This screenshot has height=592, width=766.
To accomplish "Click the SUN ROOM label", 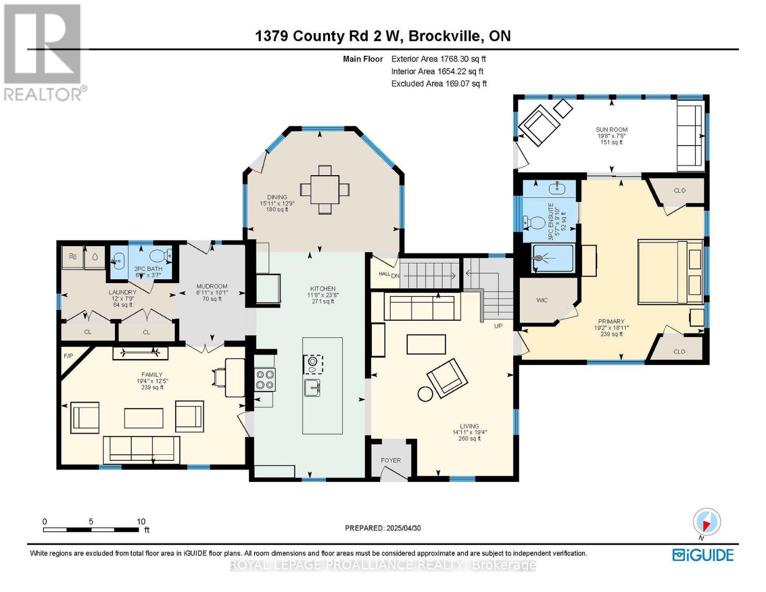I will (611, 130).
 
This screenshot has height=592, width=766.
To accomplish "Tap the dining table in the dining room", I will (325, 189).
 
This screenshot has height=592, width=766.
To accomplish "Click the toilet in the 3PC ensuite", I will (532, 222).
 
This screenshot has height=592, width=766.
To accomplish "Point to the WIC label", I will (542, 300).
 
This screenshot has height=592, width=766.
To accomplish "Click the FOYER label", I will (391, 460).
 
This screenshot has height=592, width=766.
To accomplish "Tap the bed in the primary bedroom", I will (670, 271).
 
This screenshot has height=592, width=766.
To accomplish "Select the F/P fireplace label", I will (68, 356).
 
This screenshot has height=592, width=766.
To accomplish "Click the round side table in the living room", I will (425, 393).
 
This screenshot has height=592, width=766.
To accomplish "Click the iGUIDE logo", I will (703, 555).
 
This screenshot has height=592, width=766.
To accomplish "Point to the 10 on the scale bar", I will (141, 521).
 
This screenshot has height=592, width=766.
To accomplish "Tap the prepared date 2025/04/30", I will (403, 528).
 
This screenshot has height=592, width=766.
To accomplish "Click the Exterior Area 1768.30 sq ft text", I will (438, 59).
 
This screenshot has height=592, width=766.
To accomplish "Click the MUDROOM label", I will (212, 286).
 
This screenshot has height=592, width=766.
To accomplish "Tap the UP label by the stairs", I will (498, 326).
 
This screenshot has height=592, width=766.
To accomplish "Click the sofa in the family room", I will (142, 448).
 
